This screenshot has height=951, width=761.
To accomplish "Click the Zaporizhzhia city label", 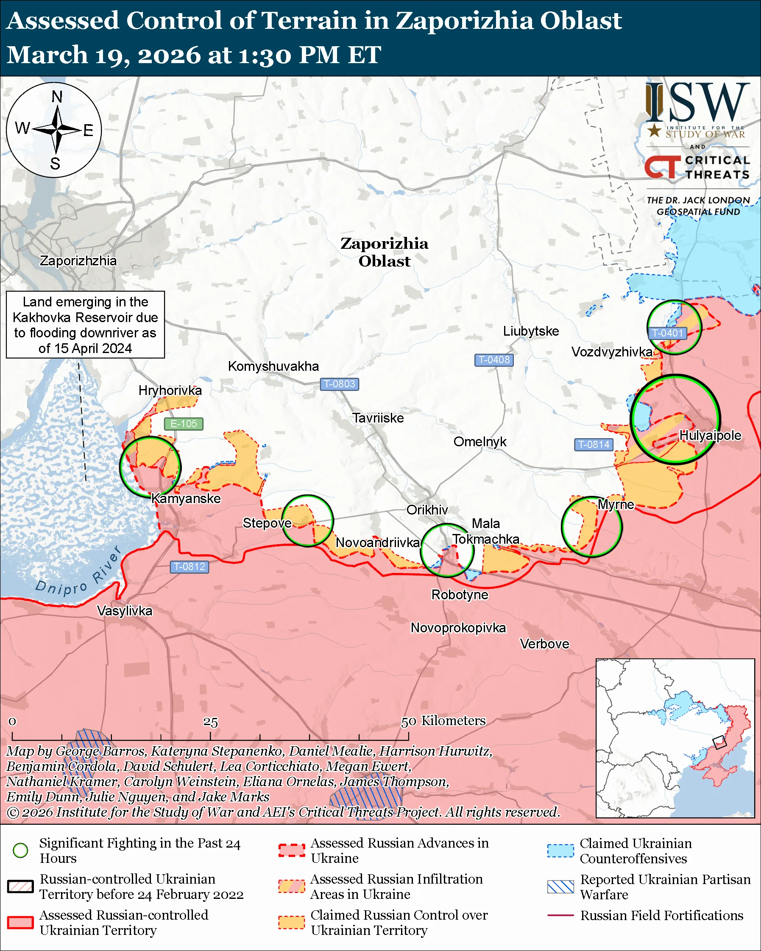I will pyautogui.click(x=78, y=261).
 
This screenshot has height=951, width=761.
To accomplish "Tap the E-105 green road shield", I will pyautogui.click(x=184, y=423).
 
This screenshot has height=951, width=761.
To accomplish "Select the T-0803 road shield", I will pyautogui.click(x=339, y=384).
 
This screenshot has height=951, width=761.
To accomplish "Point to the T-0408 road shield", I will pyautogui.click(x=493, y=359).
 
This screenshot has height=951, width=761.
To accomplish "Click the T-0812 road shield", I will pyautogui.click(x=189, y=566).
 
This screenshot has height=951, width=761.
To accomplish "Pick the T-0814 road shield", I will pyautogui.click(x=594, y=444).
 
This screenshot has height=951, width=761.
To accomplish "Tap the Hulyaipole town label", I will pyautogui.click(x=710, y=435).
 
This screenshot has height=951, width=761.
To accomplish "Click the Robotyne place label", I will pyautogui.click(x=460, y=595).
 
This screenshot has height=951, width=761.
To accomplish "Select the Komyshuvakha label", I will pyautogui.click(x=273, y=366).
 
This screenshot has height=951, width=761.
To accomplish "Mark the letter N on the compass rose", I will pyautogui.click(x=57, y=97).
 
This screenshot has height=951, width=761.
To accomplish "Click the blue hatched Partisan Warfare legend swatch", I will pyautogui.click(x=560, y=887).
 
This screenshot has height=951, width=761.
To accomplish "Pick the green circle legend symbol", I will pyautogui.click(x=20, y=850).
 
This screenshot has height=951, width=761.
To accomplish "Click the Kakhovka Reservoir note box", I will pyautogui.click(x=85, y=325).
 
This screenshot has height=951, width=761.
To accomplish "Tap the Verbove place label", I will pyautogui.click(x=544, y=644).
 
